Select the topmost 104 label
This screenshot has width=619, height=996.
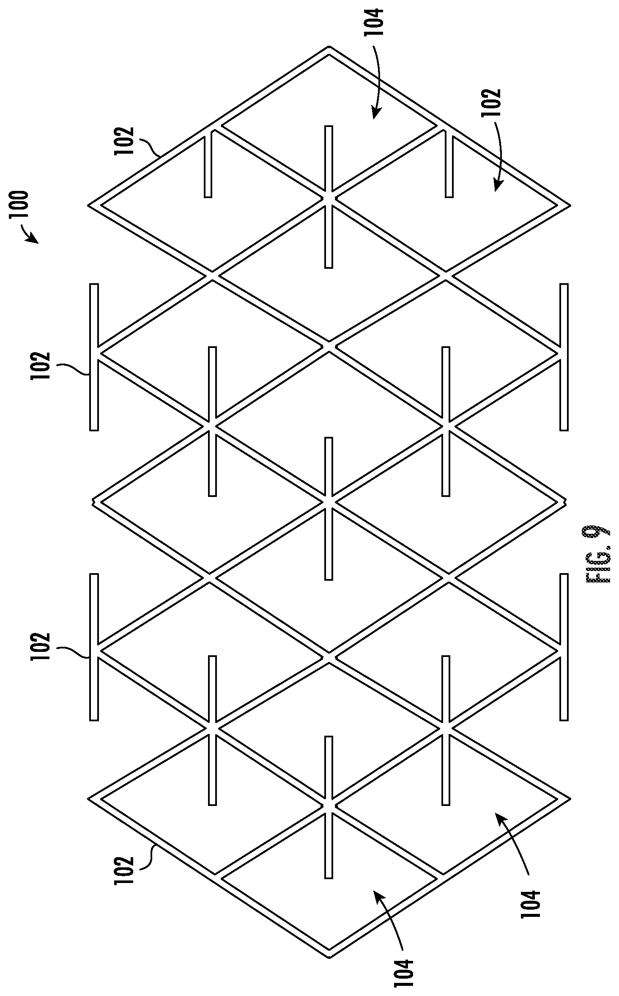375,22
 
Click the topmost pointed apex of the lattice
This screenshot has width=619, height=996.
329,47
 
